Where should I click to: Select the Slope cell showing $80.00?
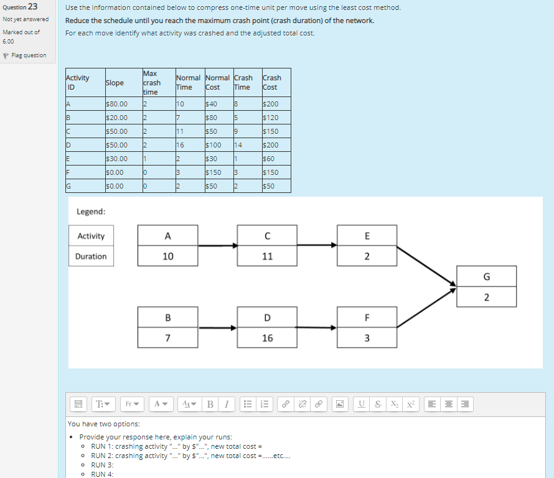[x=117, y=104]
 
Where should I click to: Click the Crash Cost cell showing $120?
[x=271, y=118]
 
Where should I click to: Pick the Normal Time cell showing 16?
[x=181, y=145]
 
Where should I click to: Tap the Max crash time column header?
[x=152, y=83]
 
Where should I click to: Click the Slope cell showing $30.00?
[x=117, y=159]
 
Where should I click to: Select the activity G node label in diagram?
[x=486, y=276]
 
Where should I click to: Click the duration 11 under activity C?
[x=267, y=256]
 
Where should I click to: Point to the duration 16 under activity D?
[x=267, y=339]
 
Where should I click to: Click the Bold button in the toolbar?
[x=210, y=405]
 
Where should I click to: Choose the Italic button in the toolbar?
[x=226, y=405]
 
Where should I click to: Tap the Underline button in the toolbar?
[x=362, y=405]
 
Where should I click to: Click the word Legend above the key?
[x=91, y=212]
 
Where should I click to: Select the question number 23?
[x=32, y=7]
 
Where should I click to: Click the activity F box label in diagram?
[x=367, y=317]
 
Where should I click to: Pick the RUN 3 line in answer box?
[x=102, y=465]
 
